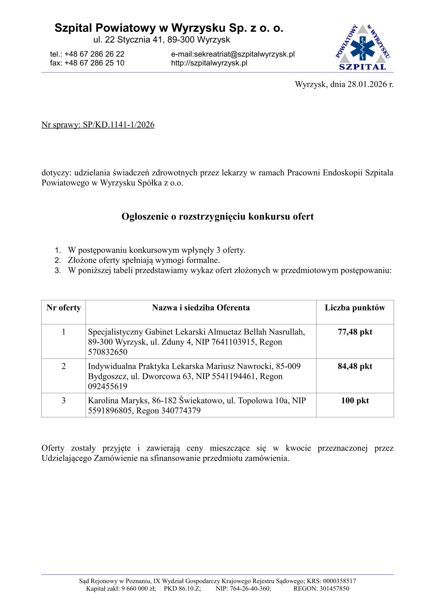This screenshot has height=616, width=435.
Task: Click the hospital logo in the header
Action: click(x=363, y=48)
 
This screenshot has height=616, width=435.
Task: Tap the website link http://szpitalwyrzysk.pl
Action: click(x=209, y=63)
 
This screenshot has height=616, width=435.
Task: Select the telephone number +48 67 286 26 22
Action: click(x=94, y=54)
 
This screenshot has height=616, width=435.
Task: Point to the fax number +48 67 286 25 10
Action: click(x=94, y=63)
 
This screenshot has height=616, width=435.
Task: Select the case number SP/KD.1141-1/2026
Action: click(x=118, y=125)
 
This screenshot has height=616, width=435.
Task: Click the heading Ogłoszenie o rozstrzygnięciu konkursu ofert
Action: click(x=217, y=217)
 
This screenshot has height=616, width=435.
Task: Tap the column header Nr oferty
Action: click(x=64, y=308)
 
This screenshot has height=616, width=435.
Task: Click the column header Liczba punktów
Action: click(x=355, y=308)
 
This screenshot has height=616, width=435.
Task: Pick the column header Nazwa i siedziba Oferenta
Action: click(x=201, y=308)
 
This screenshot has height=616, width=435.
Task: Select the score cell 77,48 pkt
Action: click(x=355, y=332)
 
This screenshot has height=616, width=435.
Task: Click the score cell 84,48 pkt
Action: click(x=355, y=367)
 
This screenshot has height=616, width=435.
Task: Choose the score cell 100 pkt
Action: click(x=355, y=401)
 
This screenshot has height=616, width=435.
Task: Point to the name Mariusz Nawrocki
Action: click(x=254, y=366)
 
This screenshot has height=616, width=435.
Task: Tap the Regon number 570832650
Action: click(x=108, y=352)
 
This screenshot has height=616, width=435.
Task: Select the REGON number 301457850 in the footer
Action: click(x=334, y=589)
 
